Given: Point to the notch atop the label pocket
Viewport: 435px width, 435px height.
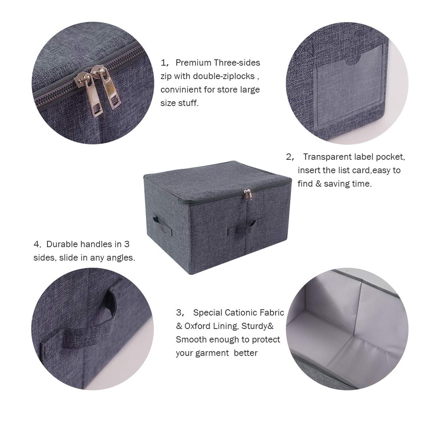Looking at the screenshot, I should click(353, 61).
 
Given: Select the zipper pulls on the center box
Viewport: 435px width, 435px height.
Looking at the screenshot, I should click(248, 195).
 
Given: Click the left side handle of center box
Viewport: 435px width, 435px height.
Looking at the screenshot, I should click(155, 218).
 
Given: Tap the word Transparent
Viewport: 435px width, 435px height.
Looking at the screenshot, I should click(327, 157).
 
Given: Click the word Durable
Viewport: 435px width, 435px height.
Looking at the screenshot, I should click(62, 244).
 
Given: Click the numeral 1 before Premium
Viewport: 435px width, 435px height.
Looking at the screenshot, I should click(163, 62).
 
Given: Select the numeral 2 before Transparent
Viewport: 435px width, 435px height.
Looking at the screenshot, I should click(289, 157).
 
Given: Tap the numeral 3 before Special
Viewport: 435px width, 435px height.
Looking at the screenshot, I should click(179, 312).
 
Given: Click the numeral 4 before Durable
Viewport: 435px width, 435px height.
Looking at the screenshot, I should click(36, 244).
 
